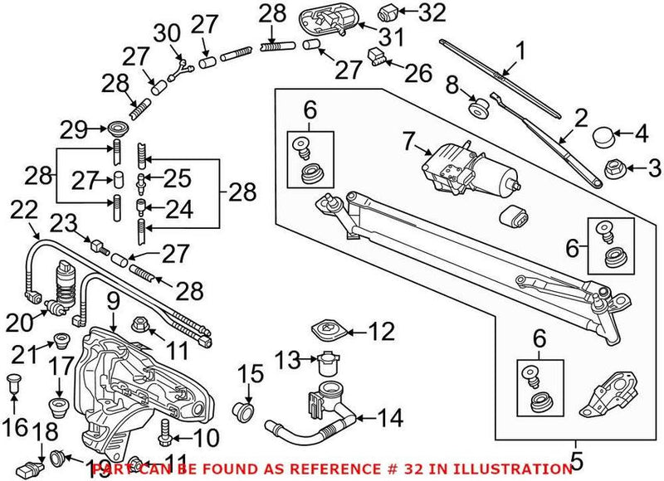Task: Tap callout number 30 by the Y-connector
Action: pyautogui.click(x=168, y=33)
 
